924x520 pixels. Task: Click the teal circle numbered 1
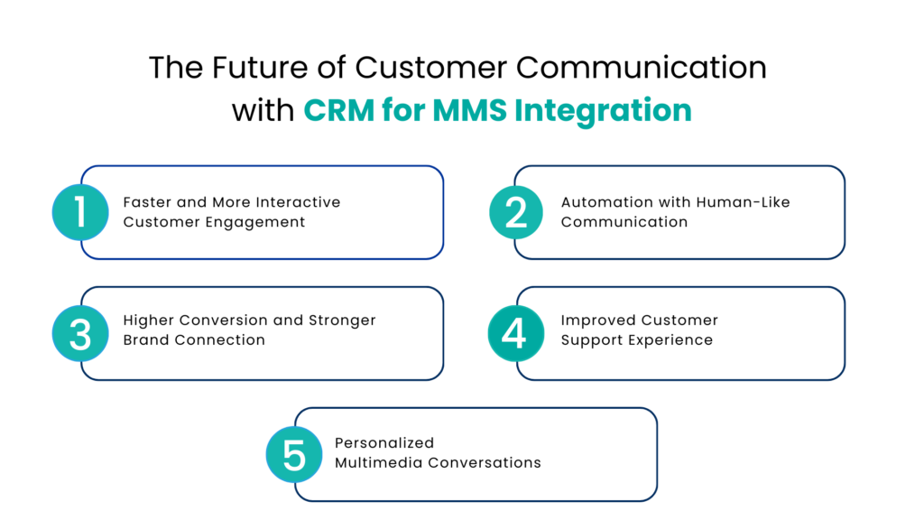[80, 212]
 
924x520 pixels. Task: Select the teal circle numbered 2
[516, 212]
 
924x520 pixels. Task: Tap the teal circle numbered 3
[80, 334]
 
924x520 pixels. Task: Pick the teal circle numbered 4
[515, 333]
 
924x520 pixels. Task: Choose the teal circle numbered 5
[294, 455]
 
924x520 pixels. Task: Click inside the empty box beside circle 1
[275, 212]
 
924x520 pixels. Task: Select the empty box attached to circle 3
[275, 334]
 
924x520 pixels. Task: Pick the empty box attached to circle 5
[487, 455]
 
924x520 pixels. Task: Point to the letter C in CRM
[314, 111]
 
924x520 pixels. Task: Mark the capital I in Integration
[518, 111]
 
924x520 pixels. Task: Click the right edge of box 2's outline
[845, 212]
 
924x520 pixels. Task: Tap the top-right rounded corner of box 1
[438, 172]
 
